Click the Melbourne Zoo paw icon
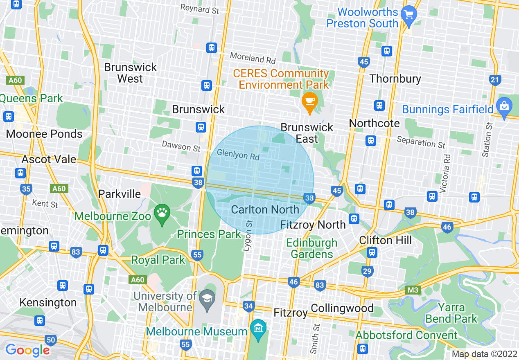click(x=162, y=212)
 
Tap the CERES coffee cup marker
click(x=310, y=101)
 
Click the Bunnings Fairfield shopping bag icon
click(x=504, y=106)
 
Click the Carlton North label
click(x=265, y=210)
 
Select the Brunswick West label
click(x=130, y=73)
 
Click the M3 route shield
click(x=413, y=290)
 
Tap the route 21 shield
click(x=495, y=79)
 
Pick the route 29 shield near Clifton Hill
click(x=367, y=271)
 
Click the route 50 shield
click(x=51, y=340)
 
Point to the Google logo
click(x=27, y=350)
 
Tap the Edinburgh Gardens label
click(x=311, y=248)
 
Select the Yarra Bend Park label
click(x=451, y=313)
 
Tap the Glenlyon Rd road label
click(x=238, y=155)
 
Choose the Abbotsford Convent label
click(x=406, y=335)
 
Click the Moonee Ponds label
click(x=44, y=134)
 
